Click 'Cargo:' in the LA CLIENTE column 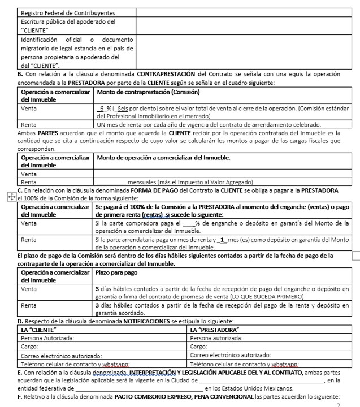point(30,347)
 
